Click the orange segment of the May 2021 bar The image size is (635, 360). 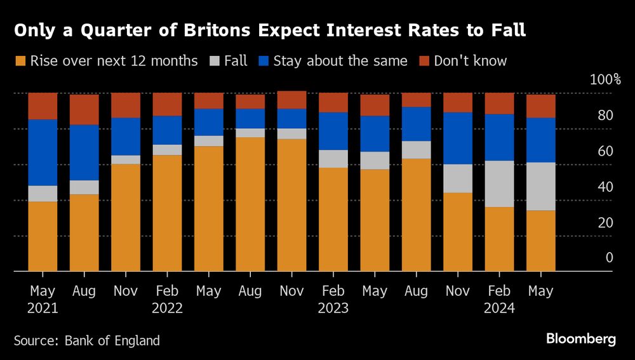coord(43,236)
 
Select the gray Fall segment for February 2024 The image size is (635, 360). coord(500,183)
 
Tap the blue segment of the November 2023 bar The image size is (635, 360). coord(458,138)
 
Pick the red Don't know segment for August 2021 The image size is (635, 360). coord(84,109)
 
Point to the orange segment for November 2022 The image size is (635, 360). coord(292,204)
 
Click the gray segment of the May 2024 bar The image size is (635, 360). coord(541,186)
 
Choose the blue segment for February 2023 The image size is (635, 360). coord(333,131)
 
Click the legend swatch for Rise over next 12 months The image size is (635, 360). coord(20,62)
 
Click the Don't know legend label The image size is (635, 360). coord(471,62)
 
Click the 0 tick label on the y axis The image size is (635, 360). coord(609,258)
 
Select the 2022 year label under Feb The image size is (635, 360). coord(167,309)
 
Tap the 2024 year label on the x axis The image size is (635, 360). coord(500,309)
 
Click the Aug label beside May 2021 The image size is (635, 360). coord(84,291)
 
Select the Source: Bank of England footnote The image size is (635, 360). coord(87,341)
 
